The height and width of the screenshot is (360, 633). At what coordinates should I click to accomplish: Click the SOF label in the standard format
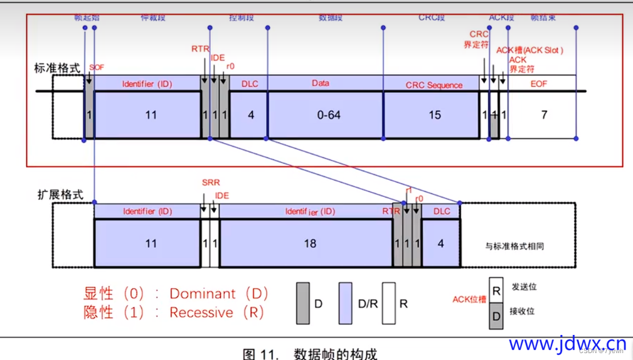97,66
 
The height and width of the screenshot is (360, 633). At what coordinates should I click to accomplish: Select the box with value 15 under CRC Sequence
434,115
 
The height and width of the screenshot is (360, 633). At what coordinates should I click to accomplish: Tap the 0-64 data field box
325,115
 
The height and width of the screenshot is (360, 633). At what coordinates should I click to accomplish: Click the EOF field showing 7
543,115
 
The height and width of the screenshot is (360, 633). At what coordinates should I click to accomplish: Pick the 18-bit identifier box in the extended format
309,243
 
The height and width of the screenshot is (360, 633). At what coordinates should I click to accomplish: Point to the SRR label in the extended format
211,183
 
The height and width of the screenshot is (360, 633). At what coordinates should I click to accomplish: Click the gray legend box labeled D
303,303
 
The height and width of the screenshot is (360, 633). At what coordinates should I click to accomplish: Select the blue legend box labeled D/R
346,303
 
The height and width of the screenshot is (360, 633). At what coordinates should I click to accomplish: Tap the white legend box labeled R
389,303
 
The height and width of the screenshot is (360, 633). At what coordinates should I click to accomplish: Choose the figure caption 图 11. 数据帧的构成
310,354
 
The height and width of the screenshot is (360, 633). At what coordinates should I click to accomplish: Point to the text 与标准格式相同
514,246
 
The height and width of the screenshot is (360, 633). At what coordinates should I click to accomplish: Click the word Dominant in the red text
203,294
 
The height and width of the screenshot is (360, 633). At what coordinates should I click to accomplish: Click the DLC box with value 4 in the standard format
250,115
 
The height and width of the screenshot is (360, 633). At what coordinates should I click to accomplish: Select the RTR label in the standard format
200,48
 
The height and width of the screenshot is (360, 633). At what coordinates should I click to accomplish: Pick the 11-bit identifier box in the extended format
151,243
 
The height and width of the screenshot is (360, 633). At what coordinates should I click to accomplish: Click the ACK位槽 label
469,299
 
